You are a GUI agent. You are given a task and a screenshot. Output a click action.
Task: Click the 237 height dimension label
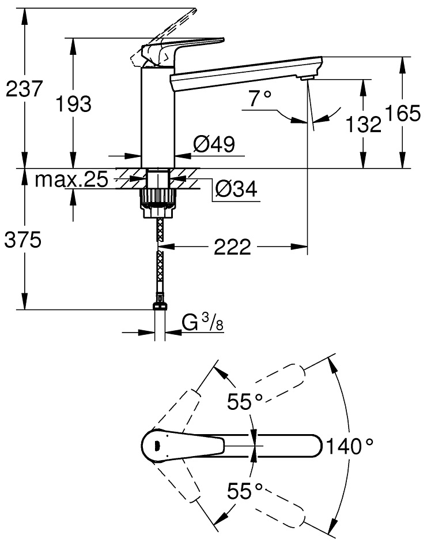[x=23, y=90]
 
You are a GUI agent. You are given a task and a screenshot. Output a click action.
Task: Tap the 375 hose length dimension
[x=22, y=240]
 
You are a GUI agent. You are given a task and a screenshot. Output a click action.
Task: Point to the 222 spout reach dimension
[x=233, y=248]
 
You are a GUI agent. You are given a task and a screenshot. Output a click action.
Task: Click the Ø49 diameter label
[x=214, y=145]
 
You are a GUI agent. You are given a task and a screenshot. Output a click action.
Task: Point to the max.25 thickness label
[x=71, y=180]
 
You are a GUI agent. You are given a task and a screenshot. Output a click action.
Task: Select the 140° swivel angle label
[x=350, y=446]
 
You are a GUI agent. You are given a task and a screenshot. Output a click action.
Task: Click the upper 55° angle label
[x=244, y=401]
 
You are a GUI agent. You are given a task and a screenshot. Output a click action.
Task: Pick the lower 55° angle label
[x=244, y=492]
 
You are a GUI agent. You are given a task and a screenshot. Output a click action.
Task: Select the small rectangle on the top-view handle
[x=156, y=445]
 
